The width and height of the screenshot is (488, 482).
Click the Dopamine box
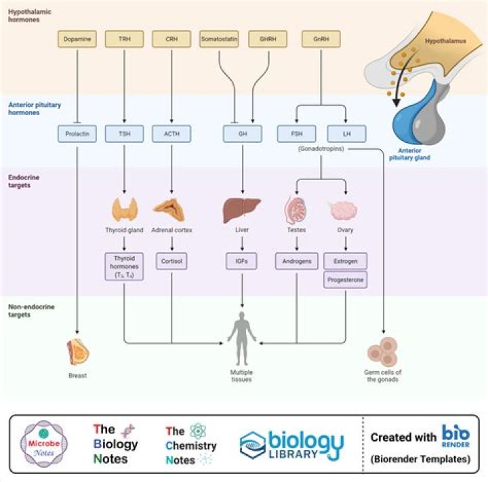click(x=77, y=40)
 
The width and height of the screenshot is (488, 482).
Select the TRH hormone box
click(x=124, y=40)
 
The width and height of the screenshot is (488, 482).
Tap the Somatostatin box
click(x=219, y=40)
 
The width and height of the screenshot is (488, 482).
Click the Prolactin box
click(x=77, y=134)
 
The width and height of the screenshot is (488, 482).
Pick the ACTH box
click(x=171, y=134)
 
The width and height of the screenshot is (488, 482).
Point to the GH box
click(x=242, y=134)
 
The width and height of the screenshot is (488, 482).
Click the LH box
click(x=346, y=134)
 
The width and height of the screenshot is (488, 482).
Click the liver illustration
click(x=242, y=210)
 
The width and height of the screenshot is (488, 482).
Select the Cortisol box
click(x=171, y=261)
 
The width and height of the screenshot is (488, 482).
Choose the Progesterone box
click(x=346, y=280)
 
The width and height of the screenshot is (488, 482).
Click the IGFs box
click(x=242, y=261)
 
